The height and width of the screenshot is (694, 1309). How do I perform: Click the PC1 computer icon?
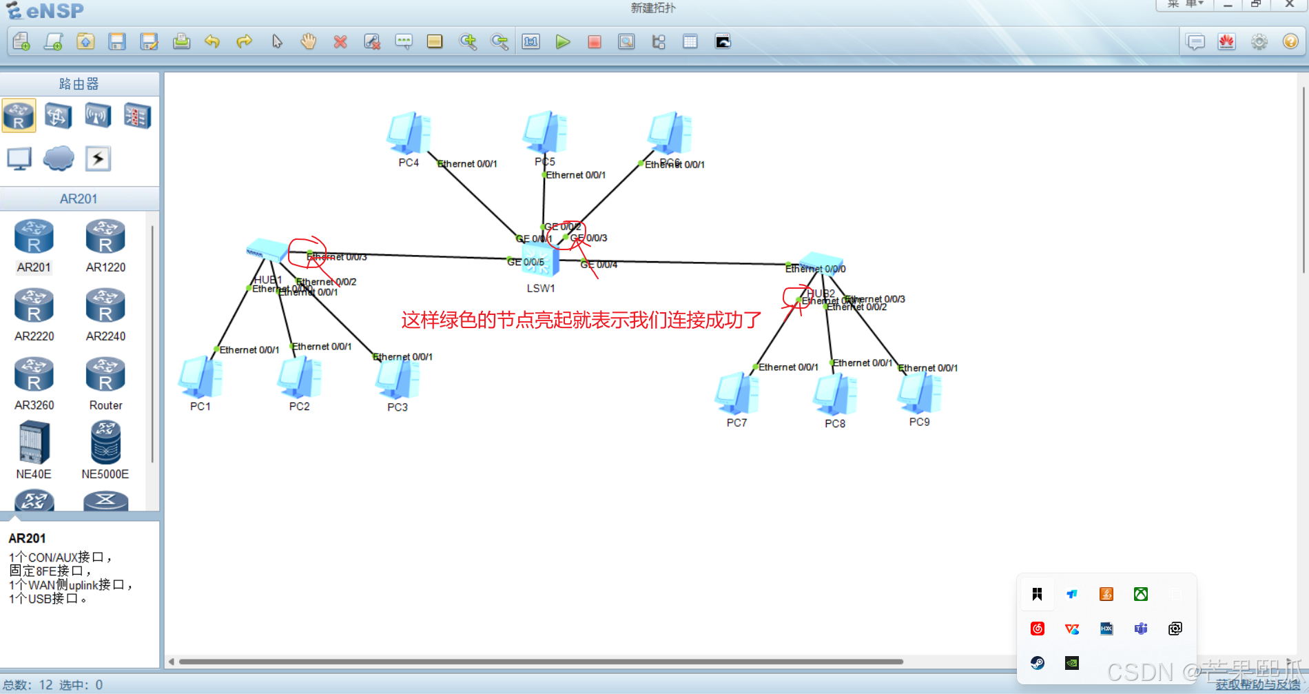click(200, 377)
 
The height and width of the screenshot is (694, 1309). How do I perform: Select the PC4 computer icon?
click(409, 132)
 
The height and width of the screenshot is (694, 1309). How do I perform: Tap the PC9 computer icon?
click(919, 393)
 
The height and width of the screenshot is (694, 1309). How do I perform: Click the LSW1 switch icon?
click(541, 261)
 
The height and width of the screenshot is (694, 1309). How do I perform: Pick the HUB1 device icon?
click(267, 250)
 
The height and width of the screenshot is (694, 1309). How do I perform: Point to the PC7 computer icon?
click(736, 394)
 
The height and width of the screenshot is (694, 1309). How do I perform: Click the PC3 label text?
click(398, 407)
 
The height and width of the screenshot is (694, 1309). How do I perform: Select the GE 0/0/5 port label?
click(526, 262)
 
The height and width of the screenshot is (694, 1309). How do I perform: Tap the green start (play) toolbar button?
click(563, 42)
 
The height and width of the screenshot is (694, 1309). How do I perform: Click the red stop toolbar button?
click(595, 42)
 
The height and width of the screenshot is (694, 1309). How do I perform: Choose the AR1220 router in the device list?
click(105, 237)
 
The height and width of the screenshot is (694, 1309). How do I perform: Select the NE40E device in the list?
click(34, 443)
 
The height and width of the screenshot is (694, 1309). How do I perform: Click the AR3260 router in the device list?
click(34, 375)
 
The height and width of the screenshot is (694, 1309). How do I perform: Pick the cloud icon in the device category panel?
click(59, 159)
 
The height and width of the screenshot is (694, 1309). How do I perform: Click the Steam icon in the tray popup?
click(1038, 663)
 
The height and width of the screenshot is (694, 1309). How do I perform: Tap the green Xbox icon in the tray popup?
click(1141, 594)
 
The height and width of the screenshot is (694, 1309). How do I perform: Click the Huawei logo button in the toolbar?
click(1226, 42)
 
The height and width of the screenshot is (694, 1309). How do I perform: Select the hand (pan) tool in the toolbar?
click(309, 42)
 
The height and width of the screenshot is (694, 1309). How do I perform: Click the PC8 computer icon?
click(835, 394)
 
